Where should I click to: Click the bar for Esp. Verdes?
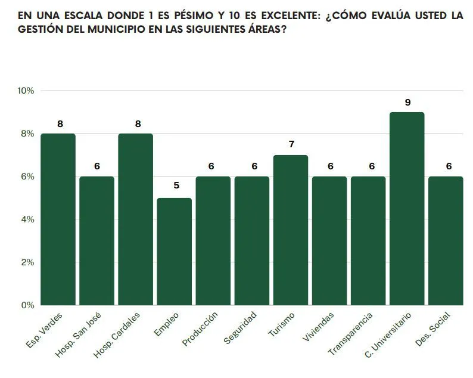pos(58,219)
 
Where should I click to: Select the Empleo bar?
pos(175,252)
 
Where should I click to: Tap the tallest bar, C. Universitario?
pos(407,209)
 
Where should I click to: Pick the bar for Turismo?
pos(291,230)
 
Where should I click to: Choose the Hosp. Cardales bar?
pos(135,219)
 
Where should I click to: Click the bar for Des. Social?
pos(446,241)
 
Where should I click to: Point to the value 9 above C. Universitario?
pos(407,103)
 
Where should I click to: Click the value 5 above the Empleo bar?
pos(176,185)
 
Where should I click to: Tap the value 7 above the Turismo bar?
pos(291,144)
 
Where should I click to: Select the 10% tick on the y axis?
pos(26,91)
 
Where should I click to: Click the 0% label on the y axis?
pos(28,305)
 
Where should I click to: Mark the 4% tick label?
pos(28,219)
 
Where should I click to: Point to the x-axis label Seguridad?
pos(241,327)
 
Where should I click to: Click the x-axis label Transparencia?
pos(351,333)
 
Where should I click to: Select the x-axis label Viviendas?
pos(318,324)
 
